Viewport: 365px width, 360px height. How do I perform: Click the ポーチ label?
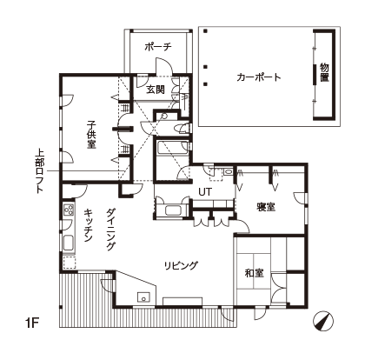click(x=158, y=46)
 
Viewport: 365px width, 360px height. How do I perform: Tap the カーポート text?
click(x=259, y=77)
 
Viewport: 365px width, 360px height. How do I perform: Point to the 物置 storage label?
click(x=324, y=72)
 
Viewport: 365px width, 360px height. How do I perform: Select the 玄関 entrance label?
click(x=156, y=90)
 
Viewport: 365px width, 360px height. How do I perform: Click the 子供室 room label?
click(x=91, y=135)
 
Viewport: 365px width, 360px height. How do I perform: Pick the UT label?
click(x=205, y=191)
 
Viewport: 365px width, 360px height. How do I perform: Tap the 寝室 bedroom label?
click(x=266, y=207)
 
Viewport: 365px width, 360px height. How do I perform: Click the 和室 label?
click(x=254, y=273)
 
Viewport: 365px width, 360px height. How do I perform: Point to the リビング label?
click(x=181, y=265)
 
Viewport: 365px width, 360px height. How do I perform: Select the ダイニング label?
click(x=110, y=229)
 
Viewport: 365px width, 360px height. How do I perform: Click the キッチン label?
click(x=88, y=225)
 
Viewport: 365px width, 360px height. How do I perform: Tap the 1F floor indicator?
click(x=32, y=323)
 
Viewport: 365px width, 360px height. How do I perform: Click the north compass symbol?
click(x=323, y=321)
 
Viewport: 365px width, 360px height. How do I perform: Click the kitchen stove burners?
click(x=69, y=210)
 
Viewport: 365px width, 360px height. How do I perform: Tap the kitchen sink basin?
click(x=69, y=243)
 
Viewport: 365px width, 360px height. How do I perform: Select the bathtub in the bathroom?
click(x=171, y=148)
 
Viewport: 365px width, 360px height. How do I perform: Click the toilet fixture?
click(x=182, y=128)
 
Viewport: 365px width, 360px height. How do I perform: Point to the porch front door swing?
click(x=164, y=66)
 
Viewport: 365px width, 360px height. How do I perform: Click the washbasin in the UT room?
click(x=228, y=171)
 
